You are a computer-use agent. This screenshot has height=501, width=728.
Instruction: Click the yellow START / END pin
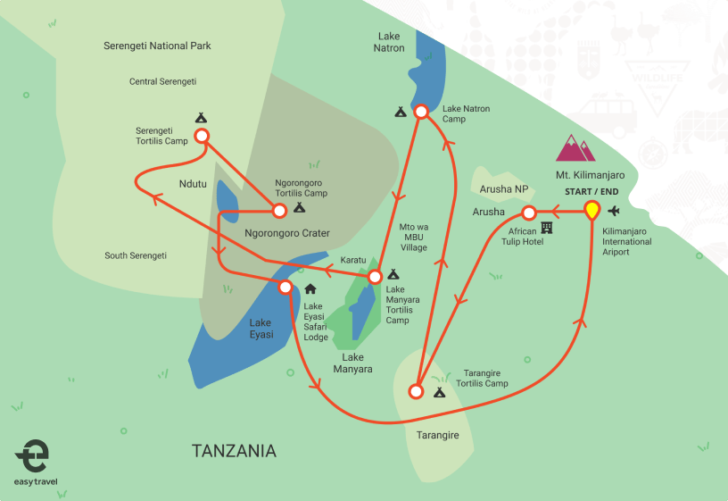591,211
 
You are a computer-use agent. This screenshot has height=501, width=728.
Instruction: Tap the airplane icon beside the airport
614,212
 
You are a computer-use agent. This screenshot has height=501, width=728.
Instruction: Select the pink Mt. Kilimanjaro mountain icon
575,148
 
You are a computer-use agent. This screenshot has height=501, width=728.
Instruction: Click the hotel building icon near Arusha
547,229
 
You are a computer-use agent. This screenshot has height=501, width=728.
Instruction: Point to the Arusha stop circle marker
528,213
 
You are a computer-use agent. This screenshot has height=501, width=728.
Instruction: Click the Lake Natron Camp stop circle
422,112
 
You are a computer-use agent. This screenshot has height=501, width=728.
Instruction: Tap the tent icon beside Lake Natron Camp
401,112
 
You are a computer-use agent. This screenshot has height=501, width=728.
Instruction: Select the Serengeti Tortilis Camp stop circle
202,136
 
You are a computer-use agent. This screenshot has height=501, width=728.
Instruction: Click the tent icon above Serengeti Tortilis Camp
201,117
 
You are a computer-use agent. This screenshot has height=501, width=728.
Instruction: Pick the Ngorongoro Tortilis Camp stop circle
279,211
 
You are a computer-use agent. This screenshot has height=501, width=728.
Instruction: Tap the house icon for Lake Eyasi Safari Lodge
310,288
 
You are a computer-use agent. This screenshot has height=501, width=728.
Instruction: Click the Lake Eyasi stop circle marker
285,288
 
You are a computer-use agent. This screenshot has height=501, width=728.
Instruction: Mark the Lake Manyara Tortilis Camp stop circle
376,276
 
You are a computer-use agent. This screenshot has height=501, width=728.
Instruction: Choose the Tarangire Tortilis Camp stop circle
415,391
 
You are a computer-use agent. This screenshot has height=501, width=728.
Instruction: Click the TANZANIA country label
234,451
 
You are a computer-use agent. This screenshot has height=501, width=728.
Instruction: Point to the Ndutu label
192,186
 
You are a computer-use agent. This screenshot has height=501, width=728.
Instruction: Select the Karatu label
353,261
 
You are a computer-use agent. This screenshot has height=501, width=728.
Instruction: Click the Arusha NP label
504,189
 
